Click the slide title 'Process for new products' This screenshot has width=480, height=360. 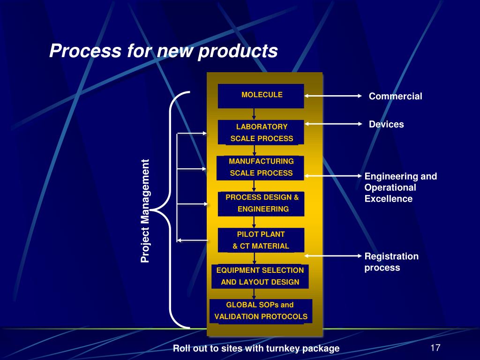164,51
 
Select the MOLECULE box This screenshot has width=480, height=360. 261,96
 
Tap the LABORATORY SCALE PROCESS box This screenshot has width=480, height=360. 261,132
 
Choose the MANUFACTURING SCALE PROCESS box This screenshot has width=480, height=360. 261,167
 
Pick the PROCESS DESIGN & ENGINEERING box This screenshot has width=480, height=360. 262,203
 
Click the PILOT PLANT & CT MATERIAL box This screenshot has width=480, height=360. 261,240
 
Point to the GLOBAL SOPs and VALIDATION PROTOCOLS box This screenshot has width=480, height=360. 261,311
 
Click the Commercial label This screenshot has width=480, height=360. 395,97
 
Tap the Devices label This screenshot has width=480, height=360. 386,124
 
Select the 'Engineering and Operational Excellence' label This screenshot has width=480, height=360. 400,187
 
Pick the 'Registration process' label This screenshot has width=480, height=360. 391,262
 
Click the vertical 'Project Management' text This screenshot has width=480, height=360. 145,211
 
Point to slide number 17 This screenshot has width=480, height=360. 435,348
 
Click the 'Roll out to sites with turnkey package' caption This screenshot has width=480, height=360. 256,348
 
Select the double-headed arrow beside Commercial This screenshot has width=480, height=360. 333,96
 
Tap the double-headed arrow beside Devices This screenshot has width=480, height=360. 333,124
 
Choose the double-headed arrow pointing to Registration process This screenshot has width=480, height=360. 333,256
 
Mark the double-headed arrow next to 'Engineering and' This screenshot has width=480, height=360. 333,176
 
